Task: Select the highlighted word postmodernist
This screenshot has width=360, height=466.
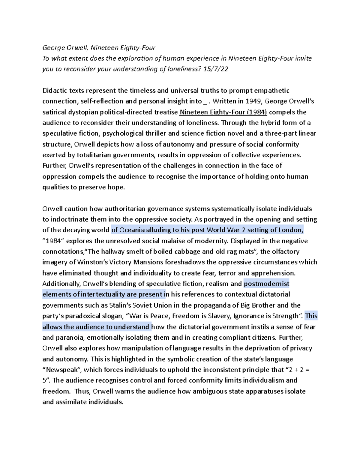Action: pos(266,284)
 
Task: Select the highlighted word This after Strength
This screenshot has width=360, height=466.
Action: pos(311,316)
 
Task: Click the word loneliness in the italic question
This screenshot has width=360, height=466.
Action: pos(184,69)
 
